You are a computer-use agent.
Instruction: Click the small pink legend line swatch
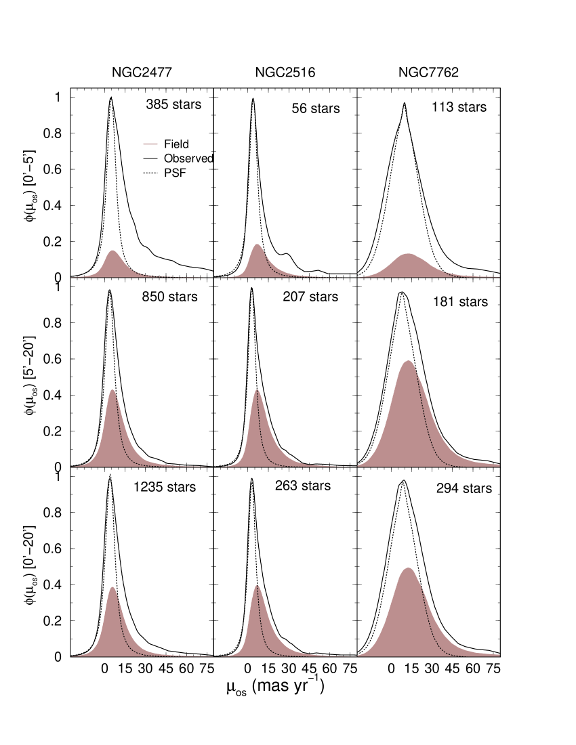tap(150, 144)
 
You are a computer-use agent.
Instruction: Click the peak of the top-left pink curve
tap(112, 251)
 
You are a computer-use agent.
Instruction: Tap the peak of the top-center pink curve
tap(257, 245)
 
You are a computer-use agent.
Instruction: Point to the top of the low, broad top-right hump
tap(409, 255)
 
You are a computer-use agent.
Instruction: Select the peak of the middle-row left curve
tap(112, 391)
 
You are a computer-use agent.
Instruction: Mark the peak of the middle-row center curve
tap(257, 391)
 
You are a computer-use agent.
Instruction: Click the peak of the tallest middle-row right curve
tap(408, 362)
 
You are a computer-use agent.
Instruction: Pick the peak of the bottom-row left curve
tap(112, 588)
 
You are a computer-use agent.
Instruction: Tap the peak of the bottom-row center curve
tap(257, 586)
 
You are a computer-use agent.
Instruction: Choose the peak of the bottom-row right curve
tap(408, 569)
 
